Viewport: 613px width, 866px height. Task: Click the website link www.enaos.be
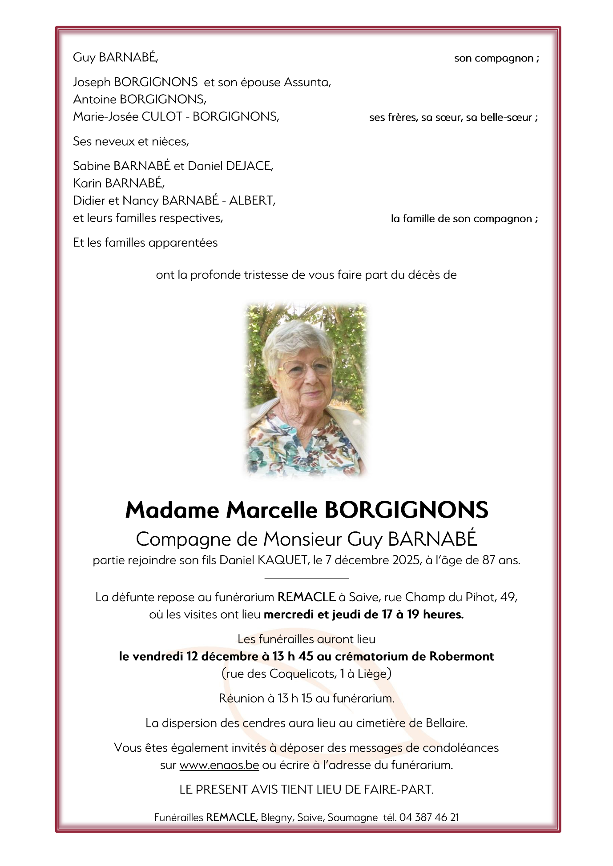click(219, 765)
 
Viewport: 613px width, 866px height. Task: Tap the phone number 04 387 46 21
click(429, 817)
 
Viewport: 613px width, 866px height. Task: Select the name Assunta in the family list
click(306, 82)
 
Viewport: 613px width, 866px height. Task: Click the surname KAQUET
click(282, 560)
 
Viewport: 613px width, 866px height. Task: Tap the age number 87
click(488, 560)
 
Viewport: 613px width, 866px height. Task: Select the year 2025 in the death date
click(406, 560)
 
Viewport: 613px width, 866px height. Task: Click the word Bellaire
click(446, 723)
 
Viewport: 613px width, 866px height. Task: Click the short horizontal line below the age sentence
click(306, 579)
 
